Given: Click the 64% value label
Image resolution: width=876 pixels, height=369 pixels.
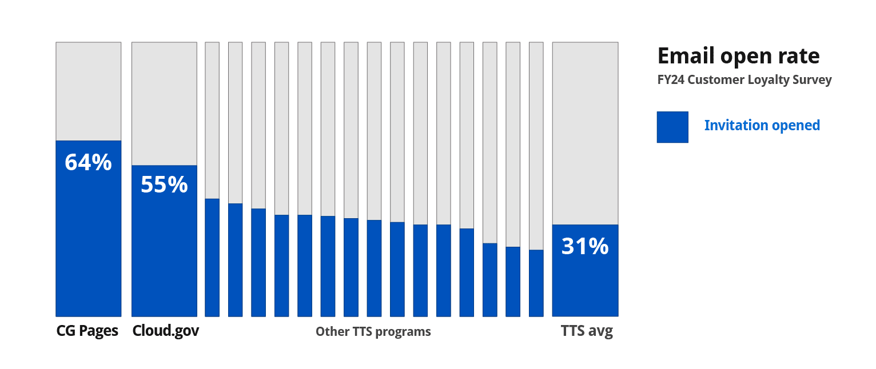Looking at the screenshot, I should tap(88, 163).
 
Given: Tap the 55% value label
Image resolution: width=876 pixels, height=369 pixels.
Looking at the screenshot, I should tap(164, 185).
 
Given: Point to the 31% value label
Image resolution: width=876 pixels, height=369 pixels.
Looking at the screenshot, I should tap(585, 246).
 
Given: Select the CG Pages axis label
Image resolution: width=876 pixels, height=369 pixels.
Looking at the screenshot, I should tap(87, 331).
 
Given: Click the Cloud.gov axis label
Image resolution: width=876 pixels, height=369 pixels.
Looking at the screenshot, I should tap(165, 331).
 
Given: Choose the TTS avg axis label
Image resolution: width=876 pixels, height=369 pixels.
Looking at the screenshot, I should tap(587, 332).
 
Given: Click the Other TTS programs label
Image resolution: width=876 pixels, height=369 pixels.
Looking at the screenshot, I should tap(373, 332).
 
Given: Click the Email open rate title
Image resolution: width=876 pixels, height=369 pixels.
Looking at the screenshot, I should tap(738, 56).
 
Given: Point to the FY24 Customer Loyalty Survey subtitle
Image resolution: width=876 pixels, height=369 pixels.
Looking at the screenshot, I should tap(744, 80).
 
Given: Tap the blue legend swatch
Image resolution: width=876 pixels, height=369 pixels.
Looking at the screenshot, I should tap(672, 127).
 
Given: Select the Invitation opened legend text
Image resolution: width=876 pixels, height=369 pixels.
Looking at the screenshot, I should tap(762, 126).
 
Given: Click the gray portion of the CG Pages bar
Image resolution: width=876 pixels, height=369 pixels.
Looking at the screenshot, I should tap(88, 91).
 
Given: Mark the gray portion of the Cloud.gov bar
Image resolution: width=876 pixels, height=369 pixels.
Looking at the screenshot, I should tap(164, 103).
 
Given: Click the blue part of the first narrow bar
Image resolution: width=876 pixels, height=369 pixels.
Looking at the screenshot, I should tap(212, 257).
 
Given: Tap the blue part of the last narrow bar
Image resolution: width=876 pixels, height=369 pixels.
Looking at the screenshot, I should tap(536, 283).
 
